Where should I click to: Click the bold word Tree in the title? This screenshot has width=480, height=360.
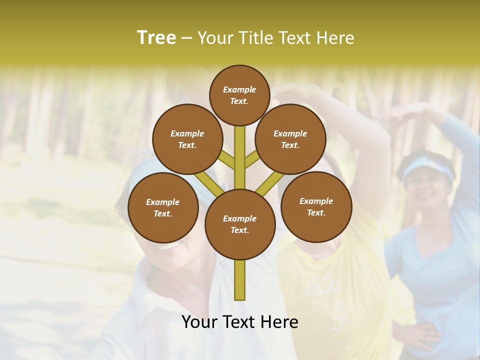pos(156,37)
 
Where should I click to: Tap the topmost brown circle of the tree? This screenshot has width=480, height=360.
pos(239,95)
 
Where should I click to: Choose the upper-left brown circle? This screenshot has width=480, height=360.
pos(187,139)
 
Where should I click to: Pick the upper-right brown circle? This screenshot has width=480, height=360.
pos(290,139)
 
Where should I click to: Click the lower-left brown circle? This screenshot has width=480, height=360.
pos(162,207)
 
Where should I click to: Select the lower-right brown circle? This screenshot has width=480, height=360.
pos(316,206)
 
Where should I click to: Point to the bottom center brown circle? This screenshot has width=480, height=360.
pos(239,224)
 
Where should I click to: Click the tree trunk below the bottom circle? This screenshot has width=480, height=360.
pos(239,280)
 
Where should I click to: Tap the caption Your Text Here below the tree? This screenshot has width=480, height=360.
pos(239,322)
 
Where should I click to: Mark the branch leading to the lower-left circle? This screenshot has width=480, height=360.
pos(206,181)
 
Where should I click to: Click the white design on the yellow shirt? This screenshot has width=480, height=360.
pos(325,300)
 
